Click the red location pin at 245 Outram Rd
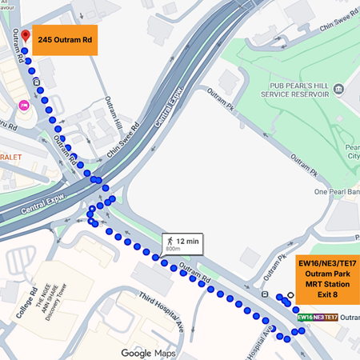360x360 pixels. point(25,37)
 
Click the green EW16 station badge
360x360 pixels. point(305,318)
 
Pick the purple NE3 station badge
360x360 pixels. point(318,318)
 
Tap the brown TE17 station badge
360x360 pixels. point(330,318)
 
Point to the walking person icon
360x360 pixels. point(170,239)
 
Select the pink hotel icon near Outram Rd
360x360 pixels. point(24,105)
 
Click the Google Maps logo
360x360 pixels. point(148,353)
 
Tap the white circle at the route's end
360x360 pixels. point(291,294)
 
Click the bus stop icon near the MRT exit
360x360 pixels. point(265,294)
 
